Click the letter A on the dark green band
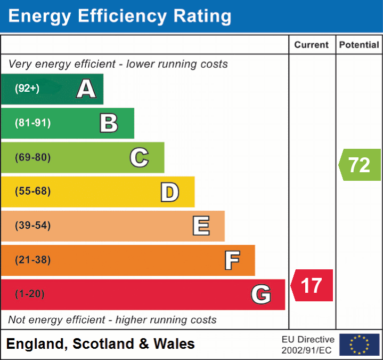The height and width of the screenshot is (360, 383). coord(86,89)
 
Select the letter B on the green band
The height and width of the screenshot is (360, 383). coord(109,123)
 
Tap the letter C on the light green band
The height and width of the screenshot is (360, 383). coord(139,157)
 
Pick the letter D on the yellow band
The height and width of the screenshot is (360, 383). coord(169,192)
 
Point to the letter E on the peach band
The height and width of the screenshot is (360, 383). coord(201,226)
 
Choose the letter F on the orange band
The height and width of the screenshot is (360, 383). coord(232,260)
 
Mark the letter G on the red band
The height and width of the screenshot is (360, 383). coord(261,294)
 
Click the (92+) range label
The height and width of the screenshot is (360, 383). coord(27,89)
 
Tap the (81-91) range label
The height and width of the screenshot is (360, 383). coord(32,123)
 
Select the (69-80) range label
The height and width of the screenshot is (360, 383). coord(32,157)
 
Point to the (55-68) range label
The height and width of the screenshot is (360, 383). coord(32,191)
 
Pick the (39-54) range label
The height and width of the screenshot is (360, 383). coord(32,226)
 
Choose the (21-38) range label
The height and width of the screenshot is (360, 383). coord(32,260)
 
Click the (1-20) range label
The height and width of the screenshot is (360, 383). coord(30,294)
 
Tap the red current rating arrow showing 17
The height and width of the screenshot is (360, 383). coord(312,285)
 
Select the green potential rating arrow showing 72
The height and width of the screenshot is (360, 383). coord(360,165)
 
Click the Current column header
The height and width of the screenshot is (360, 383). coord(312,45)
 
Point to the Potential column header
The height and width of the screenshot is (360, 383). coord(360,45)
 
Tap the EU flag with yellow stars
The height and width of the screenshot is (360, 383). coord(359,345)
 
